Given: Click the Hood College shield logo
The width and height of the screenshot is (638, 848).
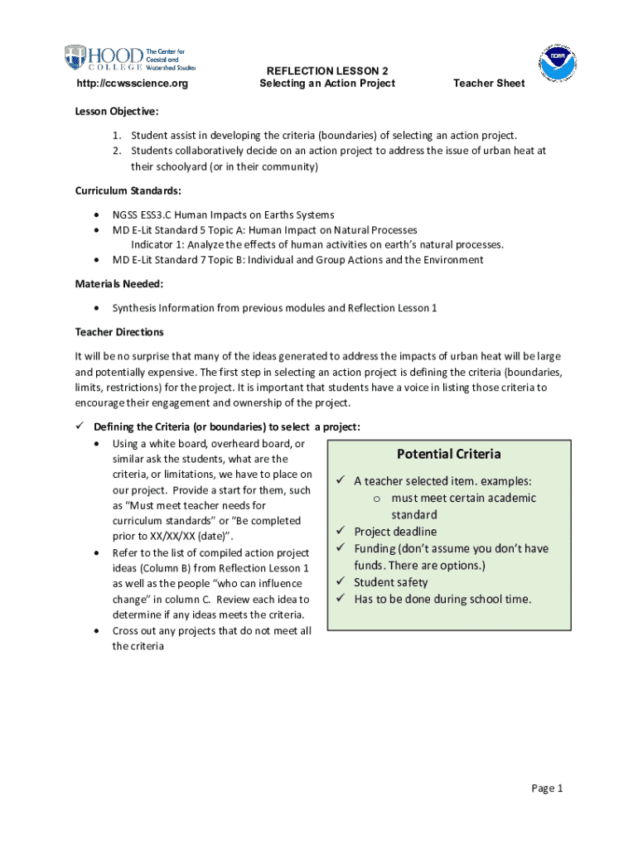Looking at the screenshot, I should click(75, 58).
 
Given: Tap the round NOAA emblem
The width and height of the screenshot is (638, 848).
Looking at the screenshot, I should click(557, 61).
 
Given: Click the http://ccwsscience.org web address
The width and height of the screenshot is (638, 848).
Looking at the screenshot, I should click(132, 84).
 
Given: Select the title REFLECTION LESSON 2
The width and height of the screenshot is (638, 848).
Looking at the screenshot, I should click(326, 70).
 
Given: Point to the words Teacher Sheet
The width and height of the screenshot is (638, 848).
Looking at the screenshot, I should click(488, 84).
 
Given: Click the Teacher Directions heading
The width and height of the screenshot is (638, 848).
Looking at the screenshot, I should click(119, 332).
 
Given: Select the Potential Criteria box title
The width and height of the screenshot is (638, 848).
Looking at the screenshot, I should click(448, 454).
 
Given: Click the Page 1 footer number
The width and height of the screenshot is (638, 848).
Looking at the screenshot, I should click(547, 788).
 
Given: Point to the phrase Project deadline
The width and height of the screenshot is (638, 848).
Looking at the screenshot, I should click(395, 532).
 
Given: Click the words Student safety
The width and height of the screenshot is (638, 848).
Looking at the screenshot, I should click(391, 582).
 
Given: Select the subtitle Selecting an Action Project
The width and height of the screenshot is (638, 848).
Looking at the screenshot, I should click(326, 84).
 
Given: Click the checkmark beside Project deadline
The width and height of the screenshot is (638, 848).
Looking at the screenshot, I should click(341, 531).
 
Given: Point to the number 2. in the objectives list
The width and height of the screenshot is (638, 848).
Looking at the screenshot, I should click(118, 151).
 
